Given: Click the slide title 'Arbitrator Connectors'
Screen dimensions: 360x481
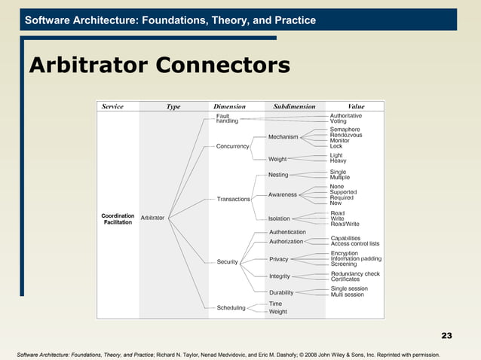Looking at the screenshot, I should coord(158,66).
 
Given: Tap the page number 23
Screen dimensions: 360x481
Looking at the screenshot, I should coord(446,335).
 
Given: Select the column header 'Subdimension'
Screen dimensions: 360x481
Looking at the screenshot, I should coord(294,107).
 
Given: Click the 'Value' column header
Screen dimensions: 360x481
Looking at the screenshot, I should coord(356,107).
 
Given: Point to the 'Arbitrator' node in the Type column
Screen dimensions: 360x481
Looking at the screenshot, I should coord(153,218).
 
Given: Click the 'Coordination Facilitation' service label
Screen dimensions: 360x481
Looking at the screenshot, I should coord(118,219).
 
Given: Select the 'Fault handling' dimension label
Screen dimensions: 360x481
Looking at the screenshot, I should coord(227,119).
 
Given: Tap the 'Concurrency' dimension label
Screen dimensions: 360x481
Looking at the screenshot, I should coord(233,146).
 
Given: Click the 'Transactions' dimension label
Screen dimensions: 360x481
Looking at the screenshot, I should coord(234,199).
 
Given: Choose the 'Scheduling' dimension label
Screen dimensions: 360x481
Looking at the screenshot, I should coord(231,307).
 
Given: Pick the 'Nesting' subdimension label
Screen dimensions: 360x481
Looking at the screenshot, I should coord(278,175).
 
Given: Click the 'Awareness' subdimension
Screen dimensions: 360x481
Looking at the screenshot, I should coord(283,194).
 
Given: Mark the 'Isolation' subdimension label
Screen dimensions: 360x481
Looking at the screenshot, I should coord(279,219).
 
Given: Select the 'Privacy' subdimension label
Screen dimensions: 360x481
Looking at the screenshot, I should coord(279,259).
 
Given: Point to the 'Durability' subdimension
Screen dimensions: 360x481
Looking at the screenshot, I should coord(281,292).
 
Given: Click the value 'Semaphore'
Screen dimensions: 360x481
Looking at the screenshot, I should coord(345,130).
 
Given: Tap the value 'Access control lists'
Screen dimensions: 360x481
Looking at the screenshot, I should coord(355,244).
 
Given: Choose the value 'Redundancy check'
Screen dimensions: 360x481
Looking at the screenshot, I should coord(355,273).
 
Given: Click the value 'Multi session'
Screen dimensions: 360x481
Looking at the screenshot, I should coord(348,294).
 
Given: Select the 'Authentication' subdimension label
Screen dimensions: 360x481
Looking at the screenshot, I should coord(287,232).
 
